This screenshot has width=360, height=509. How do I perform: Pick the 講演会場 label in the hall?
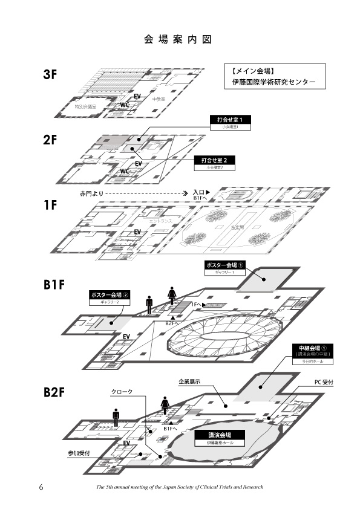219,435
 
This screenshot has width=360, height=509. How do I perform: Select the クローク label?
122,392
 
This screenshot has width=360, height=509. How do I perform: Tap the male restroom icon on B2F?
116,417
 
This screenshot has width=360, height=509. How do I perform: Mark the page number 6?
41,487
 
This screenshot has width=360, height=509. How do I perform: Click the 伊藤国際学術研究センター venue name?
274,82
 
